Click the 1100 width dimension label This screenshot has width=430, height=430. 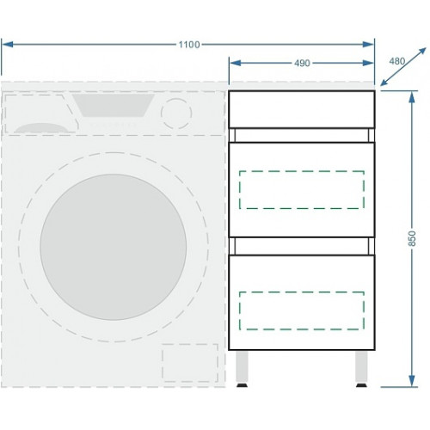point(189,45)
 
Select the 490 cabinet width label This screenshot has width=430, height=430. point(302,63)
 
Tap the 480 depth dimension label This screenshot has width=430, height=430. point(397,61)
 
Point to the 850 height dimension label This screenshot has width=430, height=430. point(412,238)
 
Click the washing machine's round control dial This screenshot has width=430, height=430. point(176,114)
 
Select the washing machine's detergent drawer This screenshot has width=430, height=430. point(40,114)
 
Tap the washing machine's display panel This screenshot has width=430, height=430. point(114,106)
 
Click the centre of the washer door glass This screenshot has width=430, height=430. point(114,247)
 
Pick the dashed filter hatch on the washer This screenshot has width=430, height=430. point(190,363)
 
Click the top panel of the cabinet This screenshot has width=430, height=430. point(302,109)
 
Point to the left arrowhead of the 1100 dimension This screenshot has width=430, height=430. point(8,45)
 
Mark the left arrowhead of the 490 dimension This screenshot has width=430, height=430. point(236,63)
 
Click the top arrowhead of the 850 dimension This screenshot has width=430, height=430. point(412,97)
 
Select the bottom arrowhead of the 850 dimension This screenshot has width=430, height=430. point(412,381)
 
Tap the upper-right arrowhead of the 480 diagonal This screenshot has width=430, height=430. point(422,52)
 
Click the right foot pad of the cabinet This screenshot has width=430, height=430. point(361,385)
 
